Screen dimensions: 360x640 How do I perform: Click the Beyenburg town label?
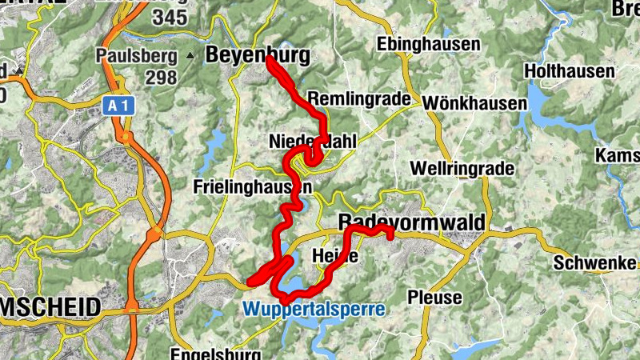[257, 54]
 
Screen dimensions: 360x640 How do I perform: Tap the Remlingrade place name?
[363, 99]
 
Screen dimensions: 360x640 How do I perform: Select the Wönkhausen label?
[474, 103]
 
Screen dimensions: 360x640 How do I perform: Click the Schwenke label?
[597, 263]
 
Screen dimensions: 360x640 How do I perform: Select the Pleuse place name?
[435, 298]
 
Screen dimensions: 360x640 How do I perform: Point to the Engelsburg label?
[216, 353]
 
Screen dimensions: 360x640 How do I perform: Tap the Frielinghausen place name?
[253, 186]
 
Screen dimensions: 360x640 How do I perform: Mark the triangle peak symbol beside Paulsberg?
[190, 56]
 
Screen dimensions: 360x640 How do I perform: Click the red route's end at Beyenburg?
[269, 59]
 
